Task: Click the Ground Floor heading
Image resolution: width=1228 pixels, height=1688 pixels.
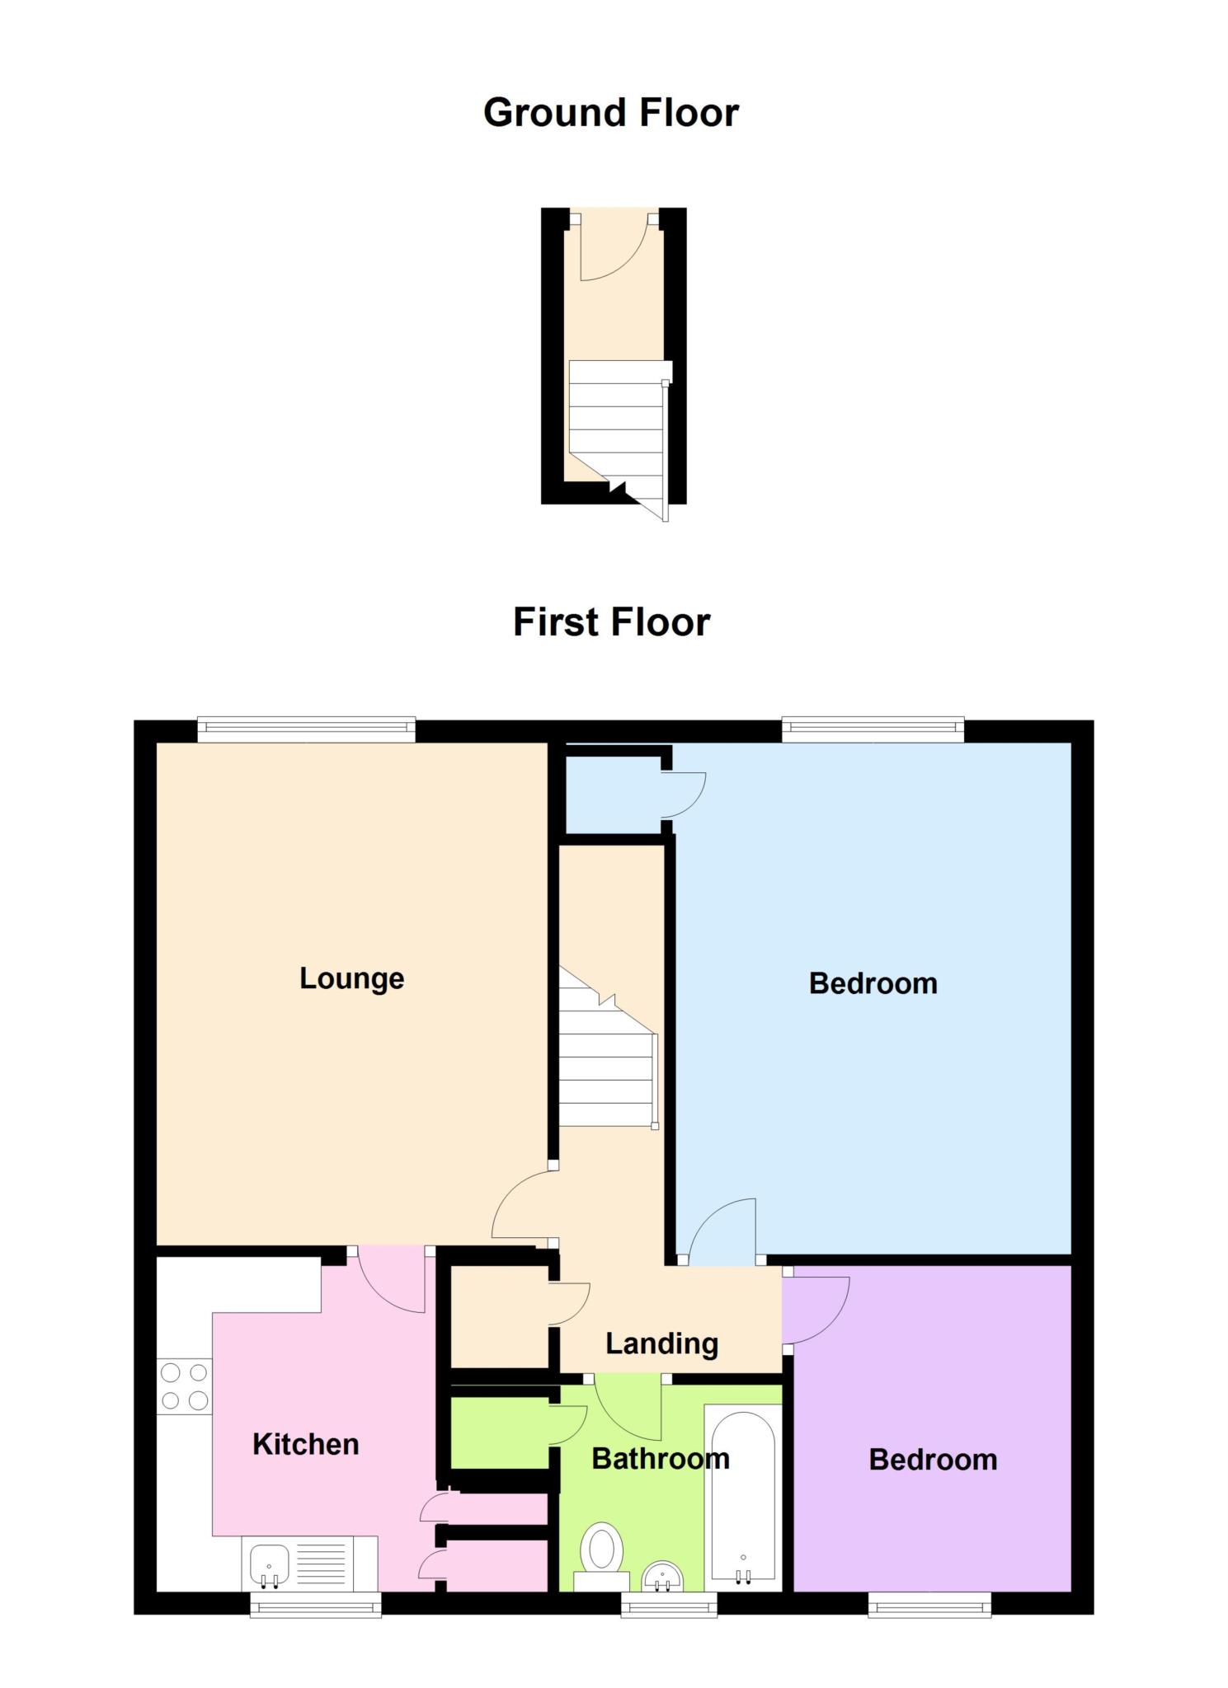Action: tap(610, 113)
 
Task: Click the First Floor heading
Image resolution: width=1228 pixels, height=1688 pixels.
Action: tap(611, 622)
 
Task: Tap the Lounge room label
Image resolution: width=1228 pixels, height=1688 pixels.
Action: tap(351, 978)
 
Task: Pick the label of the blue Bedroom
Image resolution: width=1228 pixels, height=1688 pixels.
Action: tap(873, 983)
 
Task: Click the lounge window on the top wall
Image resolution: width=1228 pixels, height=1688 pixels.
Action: tap(306, 726)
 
